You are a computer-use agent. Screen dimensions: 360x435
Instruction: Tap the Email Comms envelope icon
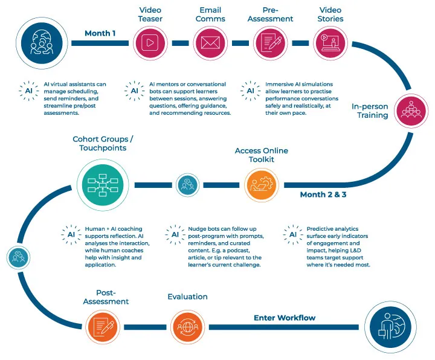(x=210, y=43)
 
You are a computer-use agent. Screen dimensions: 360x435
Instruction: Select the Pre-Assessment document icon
(x=270, y=43)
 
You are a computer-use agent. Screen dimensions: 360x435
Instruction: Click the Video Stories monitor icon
(x=330, y=43)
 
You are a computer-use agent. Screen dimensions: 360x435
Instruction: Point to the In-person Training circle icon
(x=411, y=111)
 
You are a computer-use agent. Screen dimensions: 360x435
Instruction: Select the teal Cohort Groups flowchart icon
(x=102, y=184)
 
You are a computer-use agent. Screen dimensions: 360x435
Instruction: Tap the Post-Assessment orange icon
(x=103, y=327)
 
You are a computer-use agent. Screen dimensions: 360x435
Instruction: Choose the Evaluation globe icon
(x=187, y=327)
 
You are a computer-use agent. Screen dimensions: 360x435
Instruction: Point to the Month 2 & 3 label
(x=323, y=194)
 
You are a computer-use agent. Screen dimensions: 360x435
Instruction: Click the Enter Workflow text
(x=284, y=318)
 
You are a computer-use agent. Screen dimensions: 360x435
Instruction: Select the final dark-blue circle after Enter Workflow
(x=391, y=327)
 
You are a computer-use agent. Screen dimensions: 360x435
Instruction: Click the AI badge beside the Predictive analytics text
(x=292, y=235)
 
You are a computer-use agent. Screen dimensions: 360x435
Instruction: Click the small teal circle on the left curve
(x=18, y=257)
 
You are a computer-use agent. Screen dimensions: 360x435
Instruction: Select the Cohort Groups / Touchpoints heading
(x=103, y=143)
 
